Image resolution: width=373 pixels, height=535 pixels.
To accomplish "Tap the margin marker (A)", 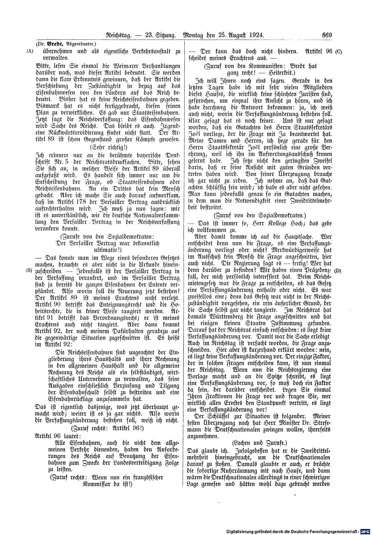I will click(30, 52).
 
